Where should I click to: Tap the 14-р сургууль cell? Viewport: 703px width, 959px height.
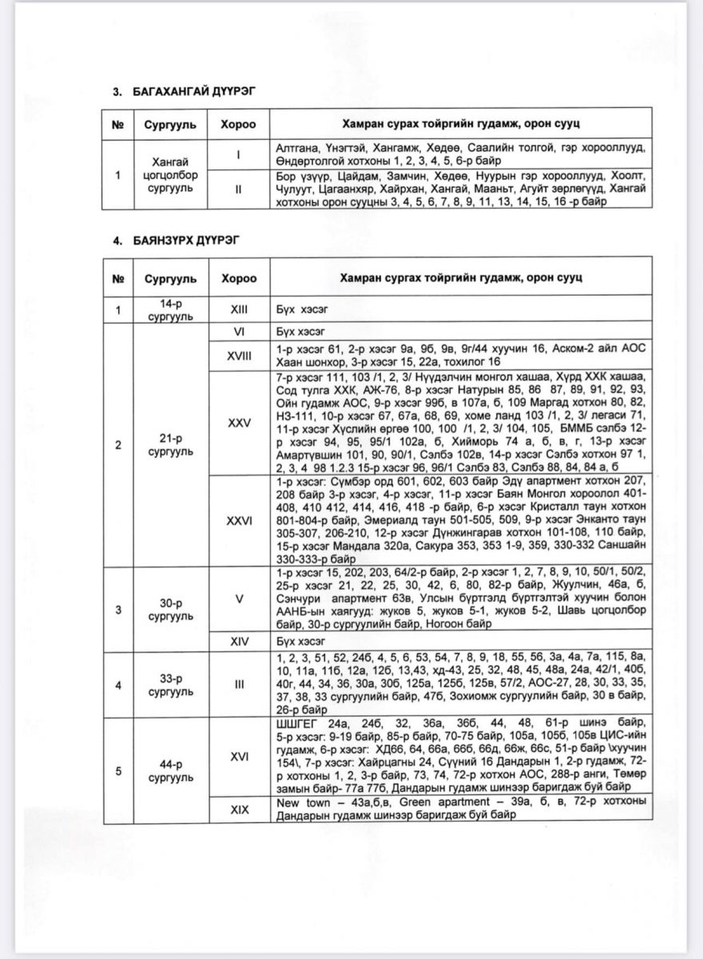point(166,310)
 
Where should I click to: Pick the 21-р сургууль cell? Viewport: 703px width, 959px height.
point(166,445)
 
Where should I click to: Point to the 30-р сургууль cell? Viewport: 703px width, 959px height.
point(166,609)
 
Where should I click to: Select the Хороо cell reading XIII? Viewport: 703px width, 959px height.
point(239,310)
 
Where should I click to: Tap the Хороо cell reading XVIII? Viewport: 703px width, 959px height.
point(239,357)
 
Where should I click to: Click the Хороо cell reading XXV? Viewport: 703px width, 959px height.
point(239,423)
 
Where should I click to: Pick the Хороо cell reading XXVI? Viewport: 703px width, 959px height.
point(239,520)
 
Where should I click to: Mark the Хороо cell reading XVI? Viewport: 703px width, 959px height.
point(239,756)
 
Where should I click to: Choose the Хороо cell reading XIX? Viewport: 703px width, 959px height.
point(239,809)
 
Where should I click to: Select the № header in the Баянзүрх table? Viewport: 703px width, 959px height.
point(117,278)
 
